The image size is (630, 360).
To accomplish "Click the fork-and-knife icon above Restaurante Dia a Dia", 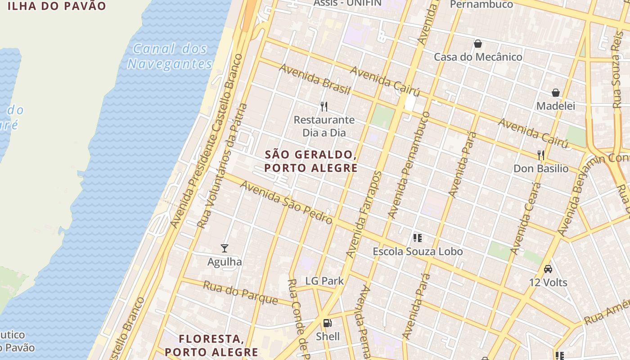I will (324, 106).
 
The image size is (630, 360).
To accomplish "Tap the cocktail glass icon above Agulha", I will (225, 248).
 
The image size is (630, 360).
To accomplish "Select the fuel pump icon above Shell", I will (328, 323).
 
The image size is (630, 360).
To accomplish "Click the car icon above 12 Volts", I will (548, 269).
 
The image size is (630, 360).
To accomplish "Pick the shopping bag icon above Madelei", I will (556, 93).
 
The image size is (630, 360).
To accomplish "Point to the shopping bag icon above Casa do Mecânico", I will (478, 44).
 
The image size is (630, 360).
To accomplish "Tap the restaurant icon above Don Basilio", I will (541, 155).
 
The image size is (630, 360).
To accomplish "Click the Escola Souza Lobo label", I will (418, 252).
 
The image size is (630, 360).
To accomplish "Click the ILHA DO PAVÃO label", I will (57, 6).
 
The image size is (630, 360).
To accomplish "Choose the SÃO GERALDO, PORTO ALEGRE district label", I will (311, 161).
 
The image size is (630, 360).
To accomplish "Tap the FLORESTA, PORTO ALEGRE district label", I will (211, 345).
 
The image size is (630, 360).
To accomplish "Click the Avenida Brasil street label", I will (314, 79).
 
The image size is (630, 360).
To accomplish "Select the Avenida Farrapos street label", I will (364, 215).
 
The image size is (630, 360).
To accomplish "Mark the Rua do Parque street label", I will (240, 292).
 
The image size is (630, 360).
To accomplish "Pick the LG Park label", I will (324, 281).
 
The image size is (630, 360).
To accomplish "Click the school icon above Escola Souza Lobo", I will (418, 238).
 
